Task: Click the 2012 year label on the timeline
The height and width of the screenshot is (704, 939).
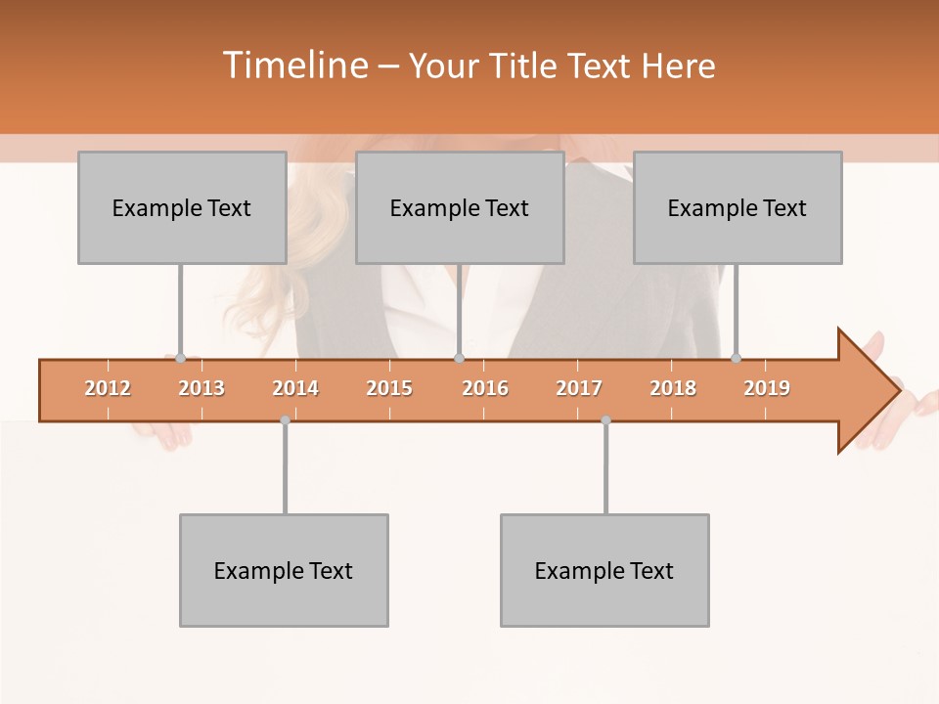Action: [108, 388]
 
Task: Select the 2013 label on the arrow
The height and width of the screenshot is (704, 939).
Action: [201, 388]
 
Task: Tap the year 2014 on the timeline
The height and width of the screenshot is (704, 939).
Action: [295, 388]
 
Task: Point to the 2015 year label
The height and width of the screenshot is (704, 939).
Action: [389, 388]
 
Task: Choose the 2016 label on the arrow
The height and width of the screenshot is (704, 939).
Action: [485, 388]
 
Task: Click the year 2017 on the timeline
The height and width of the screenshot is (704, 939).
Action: [579, 388]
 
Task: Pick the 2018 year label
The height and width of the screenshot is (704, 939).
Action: [673, 388]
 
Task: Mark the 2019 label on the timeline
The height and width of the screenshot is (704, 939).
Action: [767, 388]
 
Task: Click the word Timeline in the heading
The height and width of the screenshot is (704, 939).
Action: [293, 66]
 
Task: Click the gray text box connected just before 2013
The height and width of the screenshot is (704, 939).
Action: [182, 207]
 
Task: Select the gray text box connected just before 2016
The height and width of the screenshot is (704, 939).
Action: [460, 207]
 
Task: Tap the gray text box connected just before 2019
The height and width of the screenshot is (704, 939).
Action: [738, 207]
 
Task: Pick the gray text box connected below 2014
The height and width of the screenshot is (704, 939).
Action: [284, 570]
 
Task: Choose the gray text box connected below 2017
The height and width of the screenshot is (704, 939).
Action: [604, 570]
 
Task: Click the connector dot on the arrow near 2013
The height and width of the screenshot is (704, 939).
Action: [180, 358]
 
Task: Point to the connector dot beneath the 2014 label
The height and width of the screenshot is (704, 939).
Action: [285, 420]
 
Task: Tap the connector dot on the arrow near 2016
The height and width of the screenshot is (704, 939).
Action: [459, 358]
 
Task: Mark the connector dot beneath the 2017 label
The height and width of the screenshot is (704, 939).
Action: [605, 420]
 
